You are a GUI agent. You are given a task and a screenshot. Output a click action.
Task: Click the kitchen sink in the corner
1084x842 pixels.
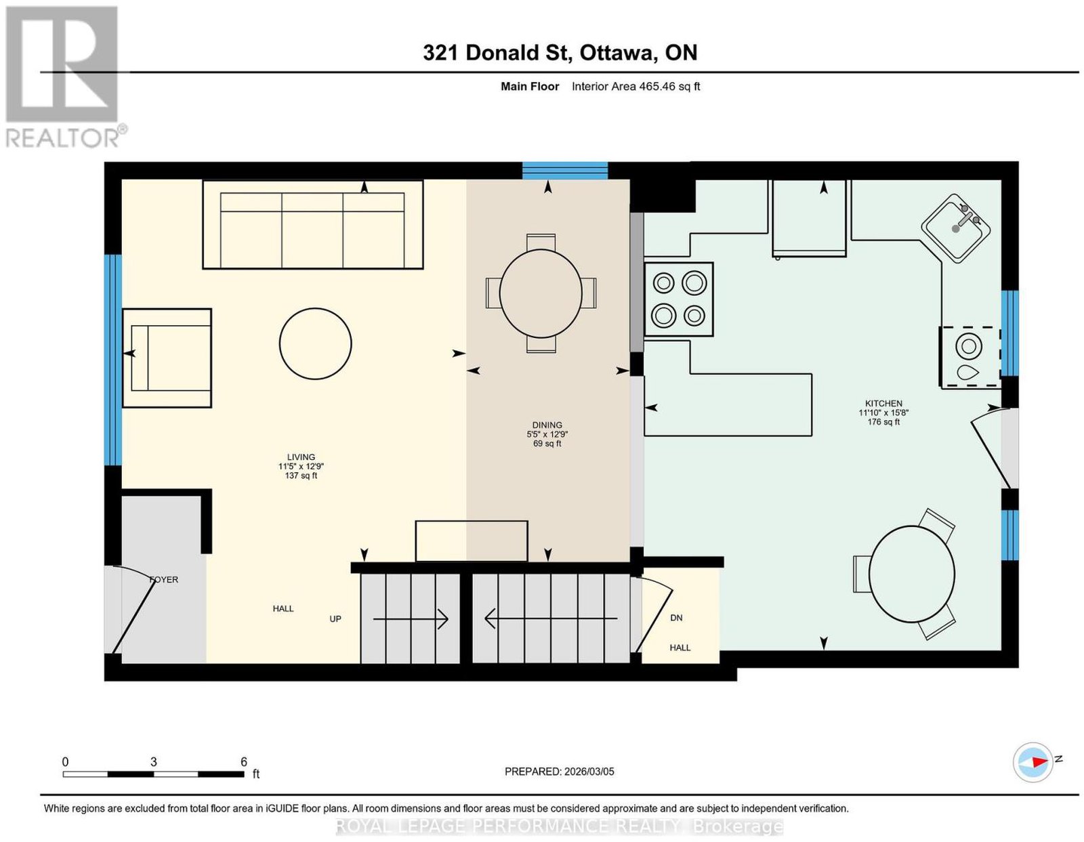click(955, 229)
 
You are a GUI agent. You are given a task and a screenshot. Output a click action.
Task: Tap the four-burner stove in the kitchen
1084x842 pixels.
click(678, 299)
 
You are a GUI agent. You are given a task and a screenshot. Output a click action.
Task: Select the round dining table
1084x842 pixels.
click(541, 293)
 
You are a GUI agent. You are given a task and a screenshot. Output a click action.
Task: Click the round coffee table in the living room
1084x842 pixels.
click(315, 343)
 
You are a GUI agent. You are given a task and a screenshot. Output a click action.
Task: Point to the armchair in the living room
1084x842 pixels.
click(167, 358)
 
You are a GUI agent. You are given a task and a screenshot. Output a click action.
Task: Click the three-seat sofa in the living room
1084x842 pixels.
click(313, 224)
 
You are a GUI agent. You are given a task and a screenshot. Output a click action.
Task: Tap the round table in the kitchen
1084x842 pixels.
click(911, 574)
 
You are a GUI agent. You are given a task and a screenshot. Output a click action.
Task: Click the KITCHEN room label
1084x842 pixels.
click(883, 403)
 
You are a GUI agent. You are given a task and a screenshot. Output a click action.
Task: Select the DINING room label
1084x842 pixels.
click(547, 425)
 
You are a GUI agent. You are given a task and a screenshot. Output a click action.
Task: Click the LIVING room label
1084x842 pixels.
click(301, 457)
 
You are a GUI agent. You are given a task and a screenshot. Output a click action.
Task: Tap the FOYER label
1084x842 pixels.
click(164, 579)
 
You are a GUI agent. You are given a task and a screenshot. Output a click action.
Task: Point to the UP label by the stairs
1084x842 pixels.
click(335, 618)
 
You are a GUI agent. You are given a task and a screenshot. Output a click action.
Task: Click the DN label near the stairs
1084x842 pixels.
click(676, 618)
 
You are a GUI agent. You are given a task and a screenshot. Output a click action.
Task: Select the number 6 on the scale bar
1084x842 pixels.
click(244, 762)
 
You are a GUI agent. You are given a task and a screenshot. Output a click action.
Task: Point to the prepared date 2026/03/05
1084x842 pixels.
click(589, 772)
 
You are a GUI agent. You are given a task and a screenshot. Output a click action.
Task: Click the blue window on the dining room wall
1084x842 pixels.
click(565, 171)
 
